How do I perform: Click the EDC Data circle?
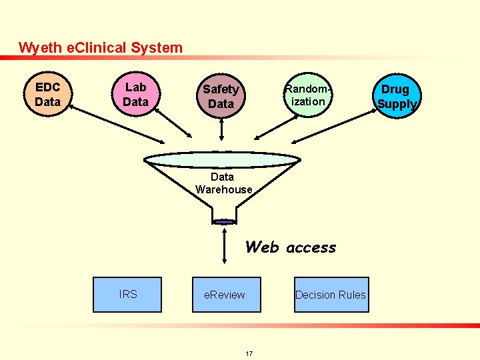(x=47, y=95)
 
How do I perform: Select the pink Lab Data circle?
(x=135, y=94)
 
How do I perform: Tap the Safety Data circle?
(x=221, y=96)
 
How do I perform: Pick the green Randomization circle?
(x=307, y=95)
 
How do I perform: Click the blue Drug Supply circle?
(x=396, y=96)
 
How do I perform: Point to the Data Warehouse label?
(x=223, y=183)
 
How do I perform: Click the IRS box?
(x=127, y=295)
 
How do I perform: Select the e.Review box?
(x=226, y=295)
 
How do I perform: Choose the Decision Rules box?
(x=331, y=295)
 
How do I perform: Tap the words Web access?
(x=291, y=247)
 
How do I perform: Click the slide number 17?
(x=249, y=353)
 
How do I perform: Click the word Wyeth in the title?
(x=37, y=48)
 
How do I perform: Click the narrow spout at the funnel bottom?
(x=223, y=219)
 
